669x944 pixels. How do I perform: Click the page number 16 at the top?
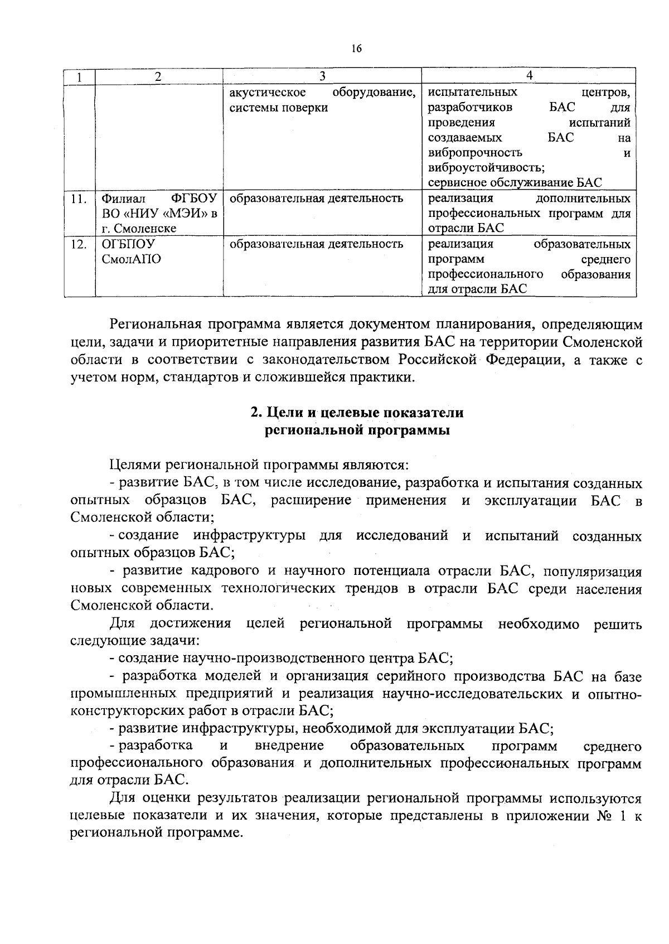(x=357, y=49)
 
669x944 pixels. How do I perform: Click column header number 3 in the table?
(x=322, y=76)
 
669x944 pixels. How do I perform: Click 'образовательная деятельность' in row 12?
(x=316, y=244)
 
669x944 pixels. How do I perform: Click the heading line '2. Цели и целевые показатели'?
(x=357, y=413)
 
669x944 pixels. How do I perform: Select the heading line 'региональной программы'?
(x=357, y=430)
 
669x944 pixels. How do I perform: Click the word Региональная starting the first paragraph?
(x=154, y=325)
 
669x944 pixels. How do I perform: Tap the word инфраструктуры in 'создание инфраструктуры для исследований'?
(x=249, y=536)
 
